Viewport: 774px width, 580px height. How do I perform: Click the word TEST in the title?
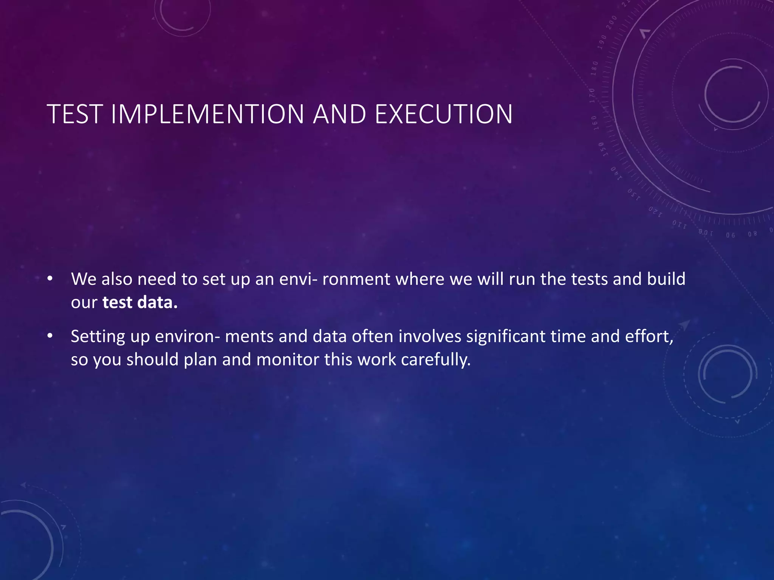coord(74,114)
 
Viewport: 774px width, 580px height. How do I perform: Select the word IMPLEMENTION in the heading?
coord(207,114)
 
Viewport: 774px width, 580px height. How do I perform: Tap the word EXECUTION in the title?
coord(444,114)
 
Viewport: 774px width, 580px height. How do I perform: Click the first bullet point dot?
coord(50,279)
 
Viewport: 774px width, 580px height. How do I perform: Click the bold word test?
coord(117,302)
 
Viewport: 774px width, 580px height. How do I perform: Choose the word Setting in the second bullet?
coord(98,337)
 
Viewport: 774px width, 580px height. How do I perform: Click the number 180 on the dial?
coord(594,68)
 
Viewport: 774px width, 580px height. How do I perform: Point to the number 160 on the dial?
coord(594,123)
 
